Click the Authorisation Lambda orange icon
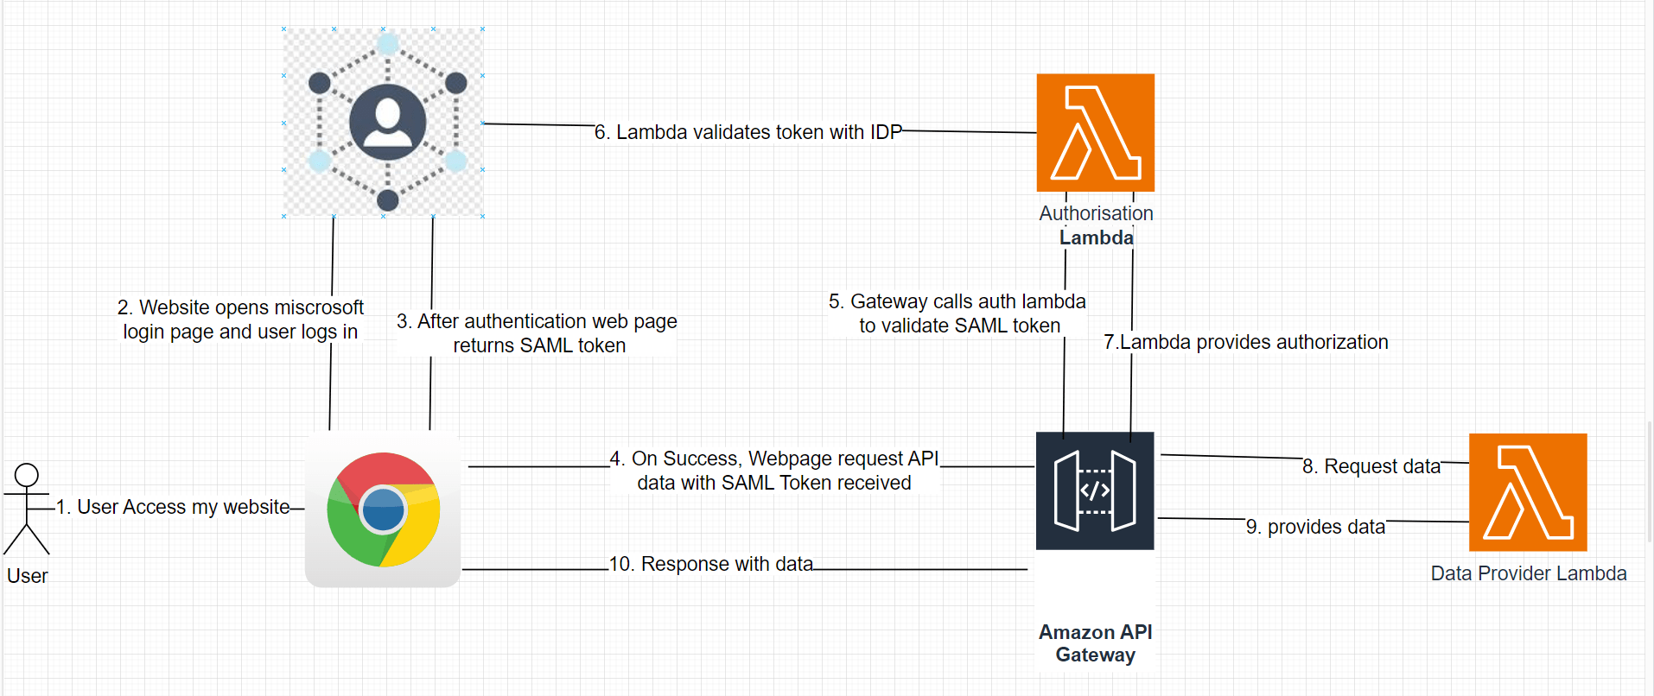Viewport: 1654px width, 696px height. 1095,132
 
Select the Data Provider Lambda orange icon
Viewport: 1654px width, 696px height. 1528,492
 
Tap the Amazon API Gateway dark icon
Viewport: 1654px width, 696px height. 1095,490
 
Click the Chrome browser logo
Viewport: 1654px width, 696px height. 383,509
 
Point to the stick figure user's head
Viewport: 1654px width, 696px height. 27,475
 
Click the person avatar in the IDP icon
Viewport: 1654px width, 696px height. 387,122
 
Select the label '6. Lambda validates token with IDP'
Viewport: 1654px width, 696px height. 747,132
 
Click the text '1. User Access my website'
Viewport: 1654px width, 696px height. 173,507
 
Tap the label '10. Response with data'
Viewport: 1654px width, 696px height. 710,564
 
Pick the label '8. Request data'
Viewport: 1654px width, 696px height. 1371,466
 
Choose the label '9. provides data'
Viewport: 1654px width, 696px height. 1315,527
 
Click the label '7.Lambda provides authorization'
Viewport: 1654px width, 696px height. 1245,342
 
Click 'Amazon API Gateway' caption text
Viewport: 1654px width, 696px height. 1095,643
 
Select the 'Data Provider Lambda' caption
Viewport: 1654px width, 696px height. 1528,573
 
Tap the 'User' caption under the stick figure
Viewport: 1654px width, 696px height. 27,576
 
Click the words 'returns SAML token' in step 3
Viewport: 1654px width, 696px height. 539,345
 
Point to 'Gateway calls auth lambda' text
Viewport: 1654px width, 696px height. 968,301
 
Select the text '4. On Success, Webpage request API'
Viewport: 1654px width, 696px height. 773,459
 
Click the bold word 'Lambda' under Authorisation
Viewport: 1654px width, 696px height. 1096,237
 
